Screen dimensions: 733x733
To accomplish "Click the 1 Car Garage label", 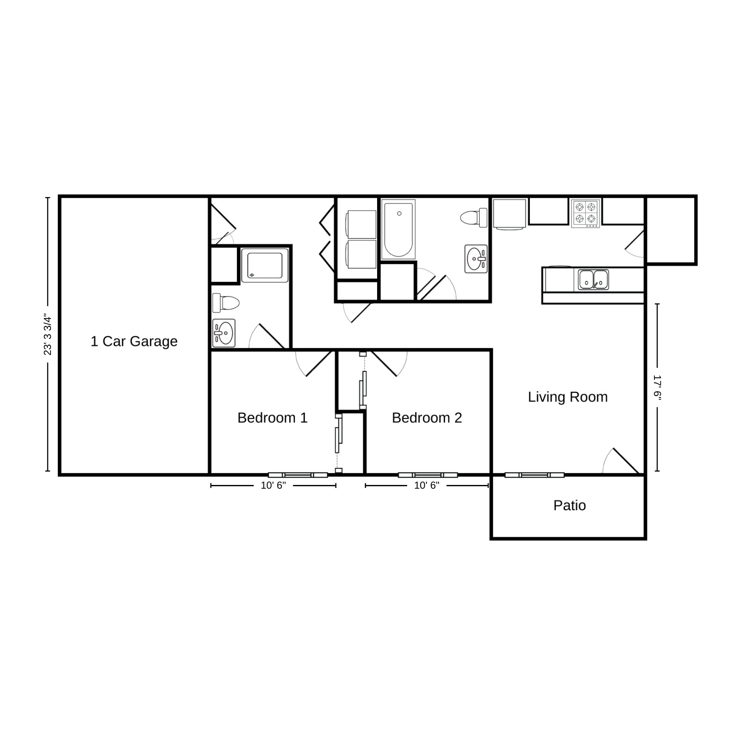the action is coord(134,341).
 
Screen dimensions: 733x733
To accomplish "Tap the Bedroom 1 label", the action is coord(272,418).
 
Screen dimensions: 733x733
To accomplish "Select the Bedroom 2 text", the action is coord(427,418).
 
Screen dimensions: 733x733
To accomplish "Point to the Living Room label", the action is coord(568,397).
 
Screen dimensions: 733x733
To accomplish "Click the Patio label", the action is coord(569,505).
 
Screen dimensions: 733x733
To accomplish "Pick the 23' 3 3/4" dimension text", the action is coord(48,335).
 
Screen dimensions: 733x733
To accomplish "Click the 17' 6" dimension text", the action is coord(657,388).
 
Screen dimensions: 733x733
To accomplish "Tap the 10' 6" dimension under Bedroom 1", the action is coord(273,485).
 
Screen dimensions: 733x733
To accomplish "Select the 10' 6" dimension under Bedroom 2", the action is coord(427,485).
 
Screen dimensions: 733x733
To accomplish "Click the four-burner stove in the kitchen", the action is coord(585,213).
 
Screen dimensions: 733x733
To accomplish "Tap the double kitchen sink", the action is coord(593,280).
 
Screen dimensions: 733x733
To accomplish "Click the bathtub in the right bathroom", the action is coord(398,229).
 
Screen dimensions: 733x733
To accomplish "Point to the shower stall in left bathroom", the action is coord(265,265).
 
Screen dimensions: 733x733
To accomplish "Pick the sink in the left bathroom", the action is coord(224,333).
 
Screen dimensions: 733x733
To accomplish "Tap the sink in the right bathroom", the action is coord(476,259).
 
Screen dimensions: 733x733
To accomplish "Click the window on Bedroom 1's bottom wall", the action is coord(298,475).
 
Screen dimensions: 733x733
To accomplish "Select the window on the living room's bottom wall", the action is coord(534,475).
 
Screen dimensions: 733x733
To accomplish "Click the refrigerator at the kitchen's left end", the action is coord(509,214).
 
